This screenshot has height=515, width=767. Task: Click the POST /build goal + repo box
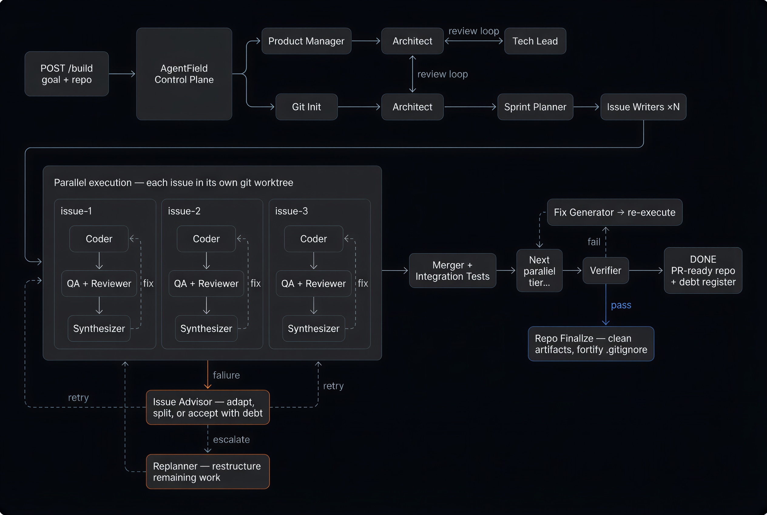[67, 74]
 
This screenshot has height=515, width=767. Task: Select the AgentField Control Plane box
[184, 74]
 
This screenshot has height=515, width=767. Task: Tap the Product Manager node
[306, 41]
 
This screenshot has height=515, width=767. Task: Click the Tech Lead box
[535, 41]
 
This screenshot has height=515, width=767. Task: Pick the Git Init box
[306, 107]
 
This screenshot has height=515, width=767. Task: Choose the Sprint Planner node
[535, 107]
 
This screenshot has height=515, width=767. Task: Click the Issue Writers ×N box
[643, 107]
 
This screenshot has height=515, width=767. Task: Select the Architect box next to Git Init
[412, 107]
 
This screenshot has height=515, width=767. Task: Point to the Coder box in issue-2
[206, 239]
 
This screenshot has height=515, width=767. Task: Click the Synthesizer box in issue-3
[313, 329]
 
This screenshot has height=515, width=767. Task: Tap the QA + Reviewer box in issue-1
[99, 283]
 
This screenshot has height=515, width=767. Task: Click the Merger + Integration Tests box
[452, 271]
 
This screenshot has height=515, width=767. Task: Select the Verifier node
[606, 271]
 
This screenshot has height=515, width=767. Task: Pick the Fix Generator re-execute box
[614, 213]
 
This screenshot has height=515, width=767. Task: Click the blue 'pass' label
[621, 305]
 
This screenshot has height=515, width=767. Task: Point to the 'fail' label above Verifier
[594, 242]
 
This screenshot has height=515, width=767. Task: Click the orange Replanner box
[208, 472]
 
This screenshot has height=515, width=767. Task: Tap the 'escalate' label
[231, 439]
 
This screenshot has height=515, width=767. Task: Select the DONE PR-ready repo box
[703, 271]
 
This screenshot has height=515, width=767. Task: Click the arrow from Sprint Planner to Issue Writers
[586, 107]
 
